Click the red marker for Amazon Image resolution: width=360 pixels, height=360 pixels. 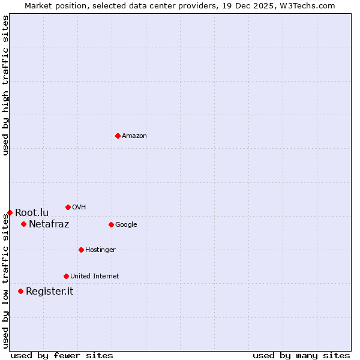point(118,136)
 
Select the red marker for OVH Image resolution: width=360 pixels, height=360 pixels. point(68,207)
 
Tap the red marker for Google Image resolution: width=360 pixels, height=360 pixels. point(111,224)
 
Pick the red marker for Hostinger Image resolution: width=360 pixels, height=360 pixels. point(81,250)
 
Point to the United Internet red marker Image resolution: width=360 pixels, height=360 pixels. point(66,276)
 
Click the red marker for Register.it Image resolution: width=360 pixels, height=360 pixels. point(20,291)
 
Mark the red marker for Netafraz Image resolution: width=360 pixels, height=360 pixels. point(23,224)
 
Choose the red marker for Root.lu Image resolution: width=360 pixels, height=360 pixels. point(10,212)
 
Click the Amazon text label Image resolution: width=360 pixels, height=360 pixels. point(134,136)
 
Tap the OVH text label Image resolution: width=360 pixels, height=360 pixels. point(79,208)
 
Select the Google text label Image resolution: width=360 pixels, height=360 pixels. point(126,225)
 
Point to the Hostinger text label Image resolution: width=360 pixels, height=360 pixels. point(100,250)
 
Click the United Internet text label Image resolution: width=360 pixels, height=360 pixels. point(95,277)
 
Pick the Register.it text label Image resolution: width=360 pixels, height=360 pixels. point(49,292)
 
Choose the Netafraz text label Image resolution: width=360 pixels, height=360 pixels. point(49,224)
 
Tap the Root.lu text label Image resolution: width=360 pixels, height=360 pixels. point(32,213)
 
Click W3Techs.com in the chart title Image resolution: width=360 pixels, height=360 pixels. point(305,5)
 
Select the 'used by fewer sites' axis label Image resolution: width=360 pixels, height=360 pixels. point(62,355)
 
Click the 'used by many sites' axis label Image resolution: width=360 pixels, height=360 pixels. point(301,355)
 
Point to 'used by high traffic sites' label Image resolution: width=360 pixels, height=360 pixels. point(5,85)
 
